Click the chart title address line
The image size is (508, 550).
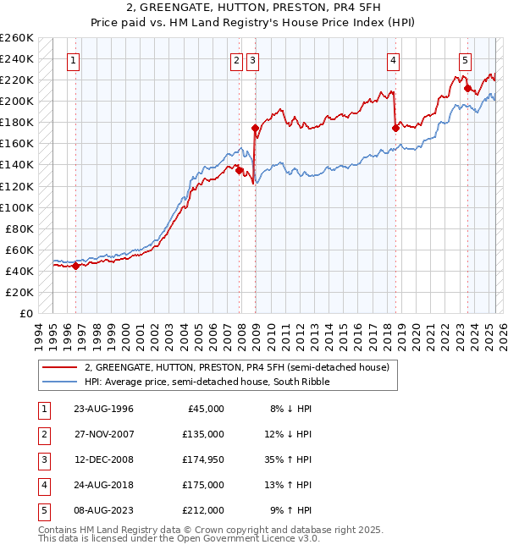click(253, 9)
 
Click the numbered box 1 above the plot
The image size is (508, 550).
click(75, 60)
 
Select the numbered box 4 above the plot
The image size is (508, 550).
click(394, 60)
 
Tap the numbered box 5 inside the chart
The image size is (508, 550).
click(466, 60)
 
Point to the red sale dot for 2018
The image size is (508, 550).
click(395, 128)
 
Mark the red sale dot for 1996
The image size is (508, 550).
click(75, 266)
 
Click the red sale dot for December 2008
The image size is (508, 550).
click(255, 128)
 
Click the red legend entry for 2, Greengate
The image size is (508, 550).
click(236, 367)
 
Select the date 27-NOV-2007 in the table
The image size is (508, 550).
click(103, 434)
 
